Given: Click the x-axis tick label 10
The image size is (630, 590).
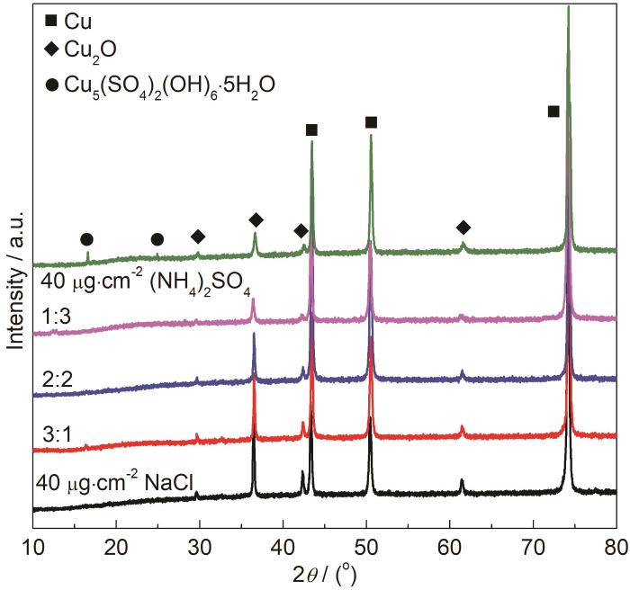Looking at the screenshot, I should (33, 543).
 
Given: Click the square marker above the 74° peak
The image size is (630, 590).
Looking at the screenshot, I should (553, 111).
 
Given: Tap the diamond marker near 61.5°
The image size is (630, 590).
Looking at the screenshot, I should (463, 227).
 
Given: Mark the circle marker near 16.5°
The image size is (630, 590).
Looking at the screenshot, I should (86, 239).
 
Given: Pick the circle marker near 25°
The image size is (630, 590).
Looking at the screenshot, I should (157, 239).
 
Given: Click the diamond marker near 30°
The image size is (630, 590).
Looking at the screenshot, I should (198, 236).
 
